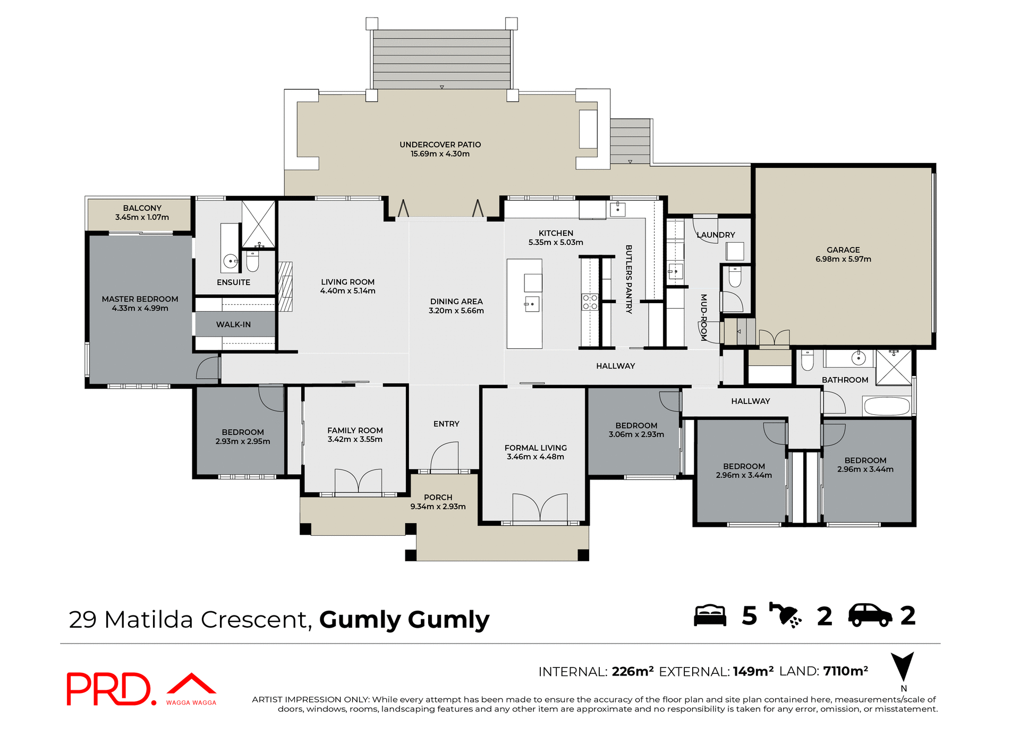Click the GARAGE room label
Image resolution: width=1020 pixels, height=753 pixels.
(x=843, y=250)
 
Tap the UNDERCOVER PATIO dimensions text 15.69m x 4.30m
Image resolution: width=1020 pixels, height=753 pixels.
(x=440, y=154)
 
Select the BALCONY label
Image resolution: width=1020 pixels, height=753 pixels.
(x=142, y=208)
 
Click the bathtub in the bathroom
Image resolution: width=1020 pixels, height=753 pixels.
(x=887, y=406)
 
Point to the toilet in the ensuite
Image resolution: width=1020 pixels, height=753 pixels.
(x=252, y=261)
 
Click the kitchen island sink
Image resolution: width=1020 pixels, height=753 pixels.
(x=532, y=304)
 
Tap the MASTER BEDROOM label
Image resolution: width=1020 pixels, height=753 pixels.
(x=140, y=299)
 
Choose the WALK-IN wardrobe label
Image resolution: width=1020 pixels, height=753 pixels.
(x=233, y=324)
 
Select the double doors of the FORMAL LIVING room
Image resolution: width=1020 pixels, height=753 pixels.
(x=540, y=507)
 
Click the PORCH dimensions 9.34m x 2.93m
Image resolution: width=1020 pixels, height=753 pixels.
(x=438, y=507)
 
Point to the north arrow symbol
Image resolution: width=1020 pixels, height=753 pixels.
(x=903, y=667)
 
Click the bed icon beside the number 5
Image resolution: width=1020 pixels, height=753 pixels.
(x=710, y=616)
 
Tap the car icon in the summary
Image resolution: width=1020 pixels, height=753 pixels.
(x=870, y=616)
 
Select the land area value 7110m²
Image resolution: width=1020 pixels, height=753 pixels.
(x=845, y=671)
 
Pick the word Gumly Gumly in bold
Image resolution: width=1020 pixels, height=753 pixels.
(x=404, y=620)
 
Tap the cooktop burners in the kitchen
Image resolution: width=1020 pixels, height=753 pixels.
(x=590, y=302)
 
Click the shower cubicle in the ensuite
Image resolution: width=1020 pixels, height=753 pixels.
(x=259, y=224)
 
